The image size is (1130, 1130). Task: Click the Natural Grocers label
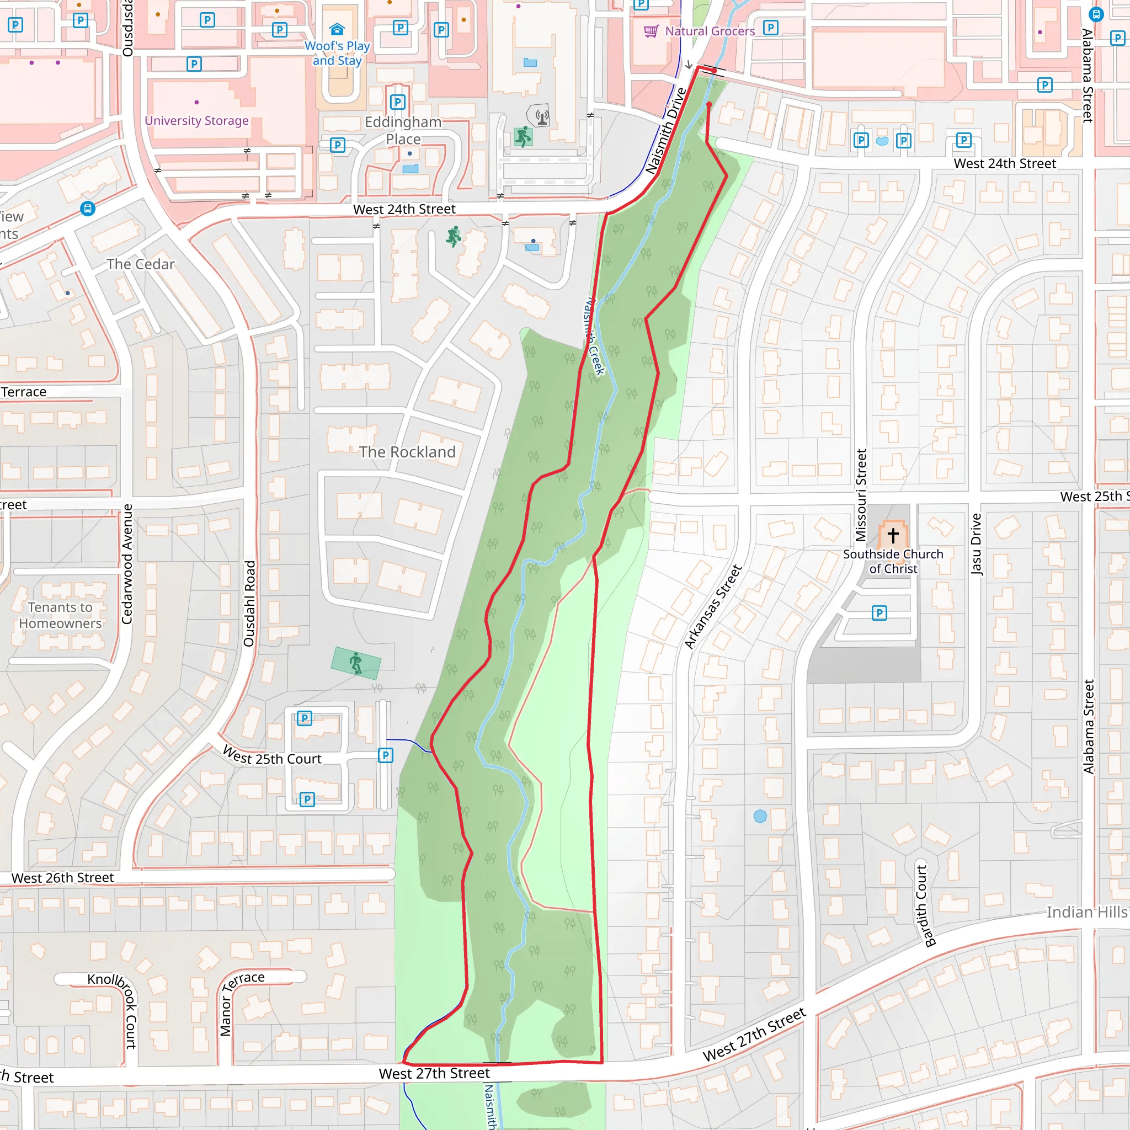pos(710,31)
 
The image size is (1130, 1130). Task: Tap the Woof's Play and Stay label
pos(338,53)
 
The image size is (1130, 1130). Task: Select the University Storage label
pos(196,120)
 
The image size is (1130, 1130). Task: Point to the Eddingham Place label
pos(403,130)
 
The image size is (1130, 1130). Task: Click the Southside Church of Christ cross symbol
pos(893,535)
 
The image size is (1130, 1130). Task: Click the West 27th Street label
pos(434,1073)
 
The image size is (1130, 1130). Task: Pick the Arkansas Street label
pos(713,606)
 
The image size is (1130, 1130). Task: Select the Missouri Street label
pos(860,495)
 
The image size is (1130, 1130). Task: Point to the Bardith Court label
pos(923,906)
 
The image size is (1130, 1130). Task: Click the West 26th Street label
pos(62,878)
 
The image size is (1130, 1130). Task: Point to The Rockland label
pos(407,452)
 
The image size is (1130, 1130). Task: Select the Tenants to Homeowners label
pos(60,615)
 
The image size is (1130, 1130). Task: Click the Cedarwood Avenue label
pos(127,564)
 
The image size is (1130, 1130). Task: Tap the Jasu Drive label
pos(976,545)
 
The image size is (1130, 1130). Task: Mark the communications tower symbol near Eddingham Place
pos(542,116)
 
